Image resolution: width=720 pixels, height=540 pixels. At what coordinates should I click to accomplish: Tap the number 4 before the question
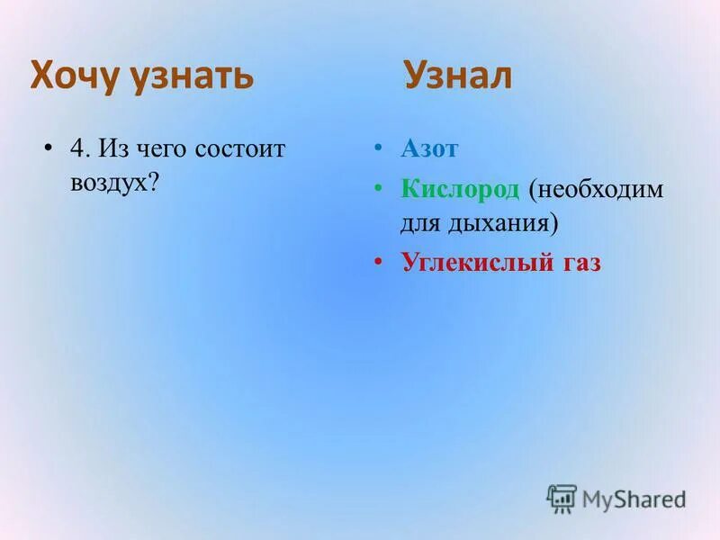pos(77,149)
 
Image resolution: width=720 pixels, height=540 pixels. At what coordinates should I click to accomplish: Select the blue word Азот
pos(429,149)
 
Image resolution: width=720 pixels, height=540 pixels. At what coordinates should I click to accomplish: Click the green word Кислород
pos(461,189)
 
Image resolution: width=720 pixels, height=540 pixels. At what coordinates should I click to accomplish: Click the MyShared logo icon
pos(562,498)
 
